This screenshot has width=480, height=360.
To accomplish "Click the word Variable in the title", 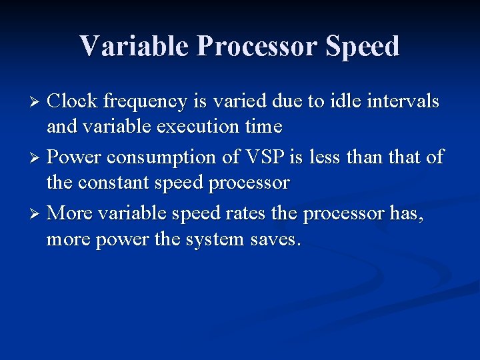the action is coord(134,45).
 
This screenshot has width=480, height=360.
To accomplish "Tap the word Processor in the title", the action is coord(257,45).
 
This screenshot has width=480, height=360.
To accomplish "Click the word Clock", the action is coord(72,101).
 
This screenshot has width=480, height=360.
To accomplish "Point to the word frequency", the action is coord(145,102).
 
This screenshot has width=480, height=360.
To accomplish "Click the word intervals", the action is coord(403,101).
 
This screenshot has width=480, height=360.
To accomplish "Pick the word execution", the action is coord(198,127).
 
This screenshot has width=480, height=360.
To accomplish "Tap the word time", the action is coord(263,127).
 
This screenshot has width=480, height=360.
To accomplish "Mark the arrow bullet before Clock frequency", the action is coord(35,101).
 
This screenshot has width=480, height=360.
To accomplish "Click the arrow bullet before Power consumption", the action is coord(35,158).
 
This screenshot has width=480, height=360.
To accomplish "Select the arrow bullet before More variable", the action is coord(35,214).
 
